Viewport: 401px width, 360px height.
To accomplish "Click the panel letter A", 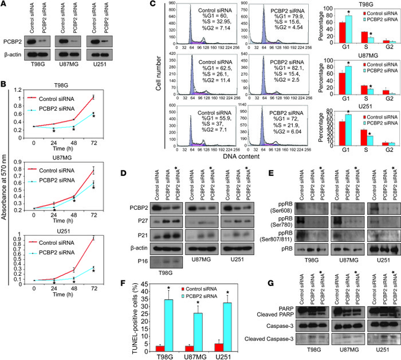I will coord(5,6).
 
